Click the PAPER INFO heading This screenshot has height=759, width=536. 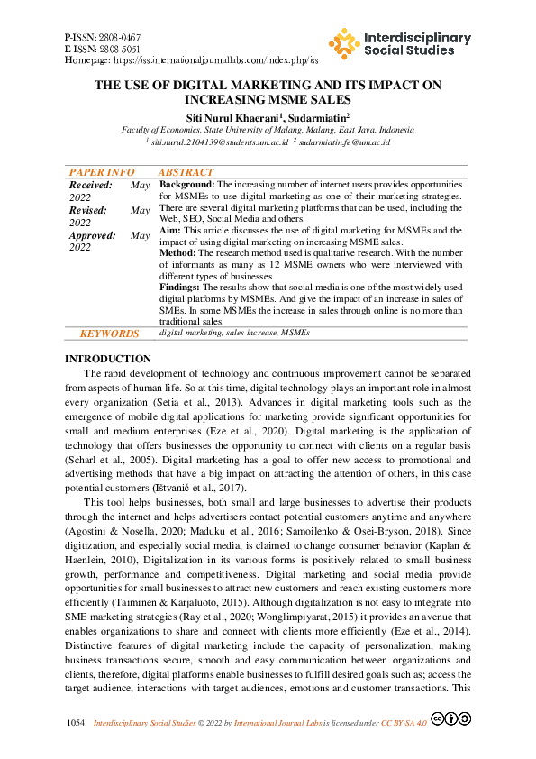click(x=102, y=172)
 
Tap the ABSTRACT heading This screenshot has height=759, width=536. click(x=186, y=172)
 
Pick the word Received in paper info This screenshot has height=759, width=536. click(x=92, y=184)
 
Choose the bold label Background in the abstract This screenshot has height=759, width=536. click(x=186, y=184)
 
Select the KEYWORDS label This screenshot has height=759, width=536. click(x=110, y=334)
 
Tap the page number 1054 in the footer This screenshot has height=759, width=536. click(x=77, y=723)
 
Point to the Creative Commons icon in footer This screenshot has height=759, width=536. click(x=440, y=719)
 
